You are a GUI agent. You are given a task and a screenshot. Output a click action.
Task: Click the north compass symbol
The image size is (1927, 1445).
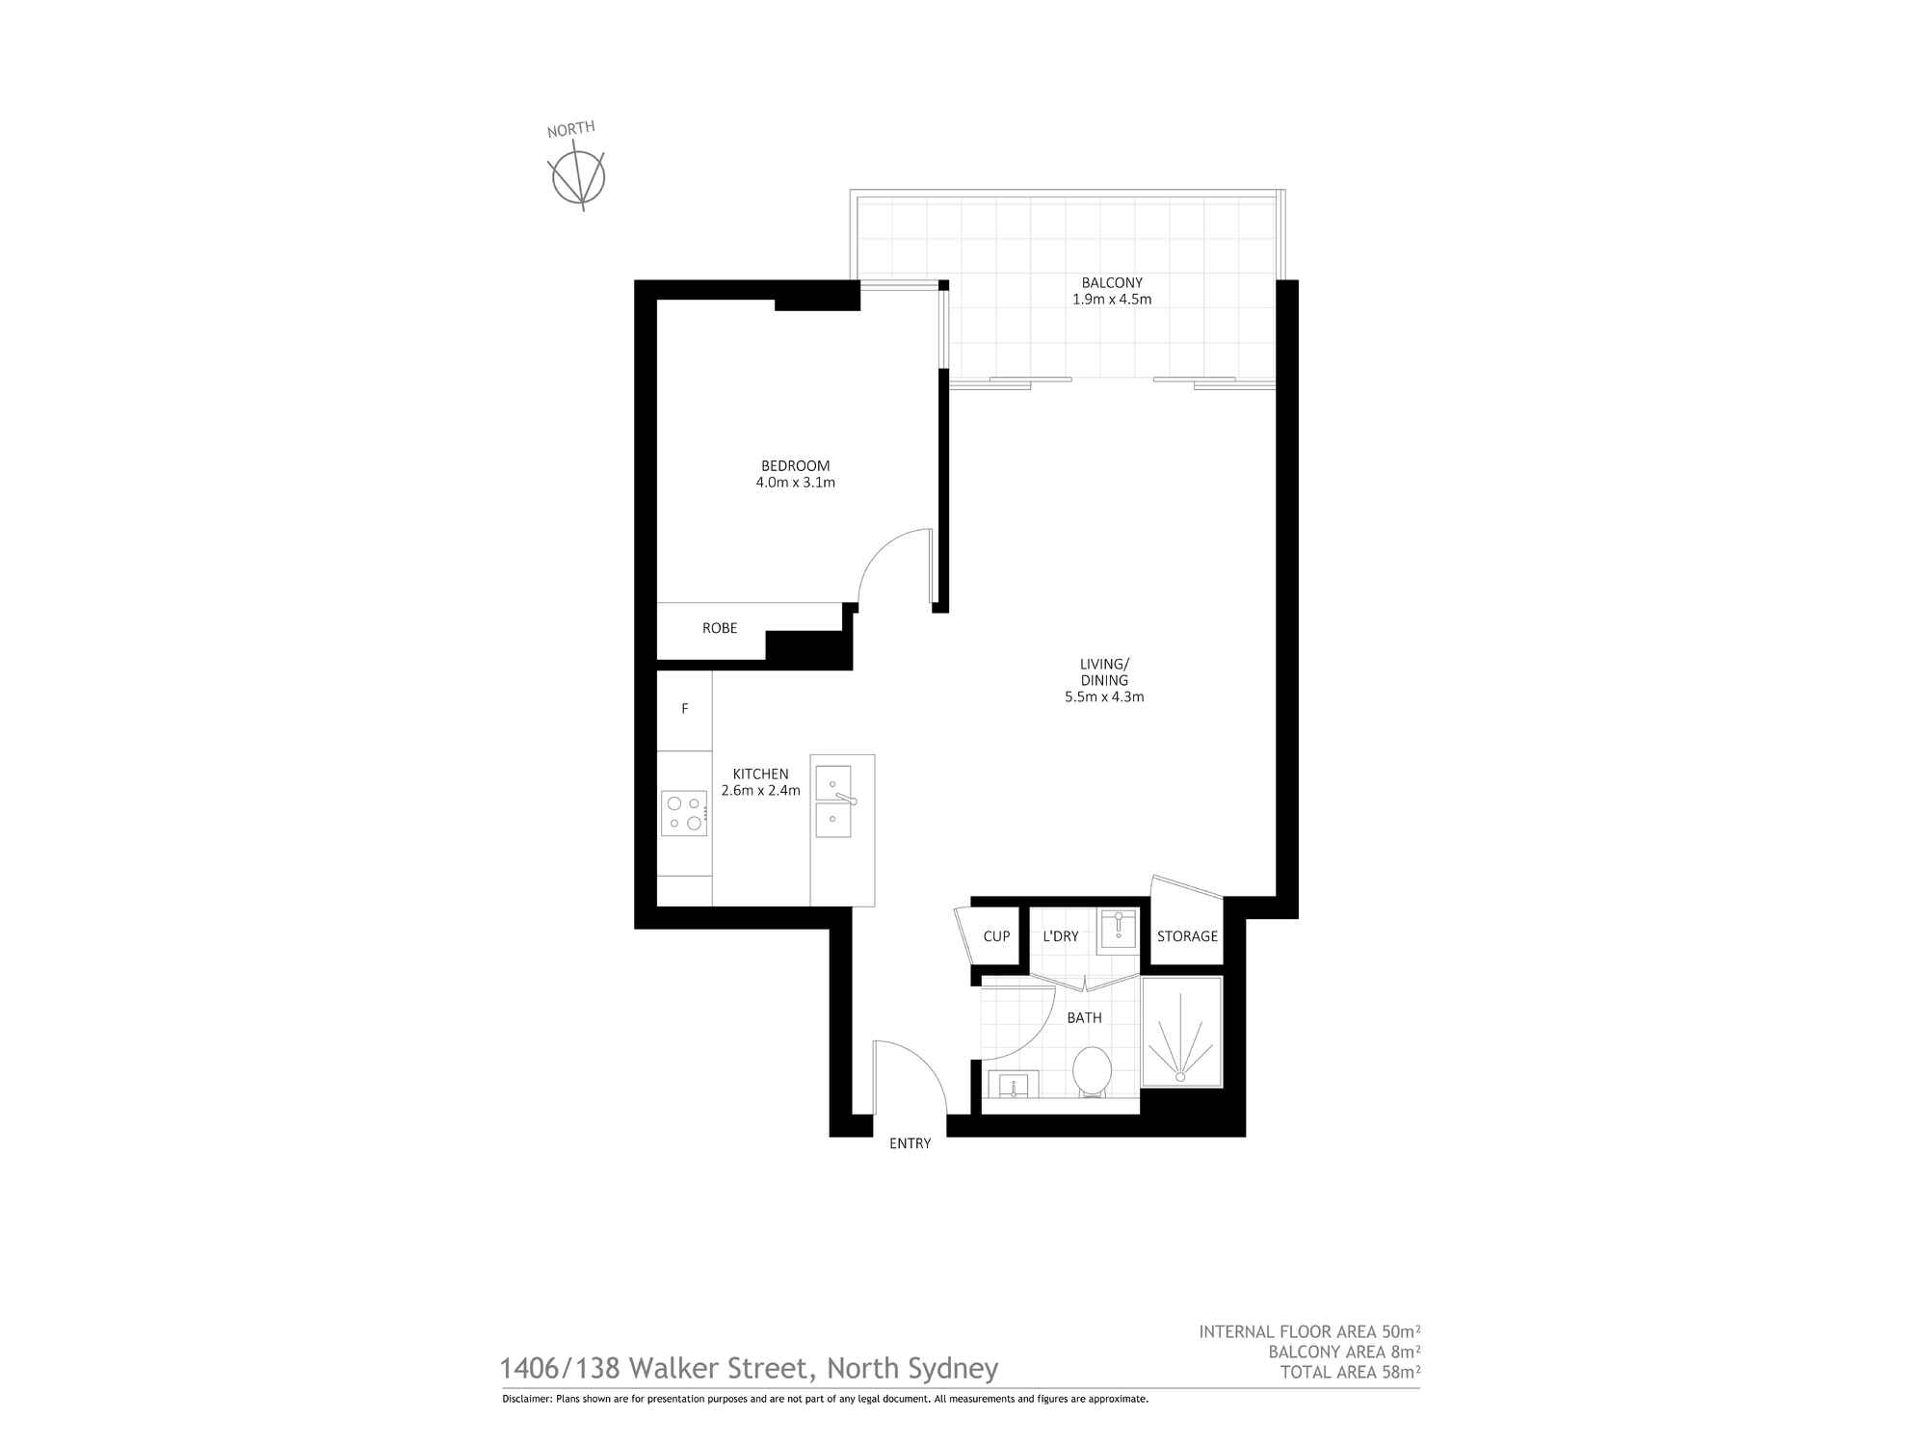coord(576,174)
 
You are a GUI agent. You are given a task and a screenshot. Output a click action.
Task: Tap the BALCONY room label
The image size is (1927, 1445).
coord(1112,282)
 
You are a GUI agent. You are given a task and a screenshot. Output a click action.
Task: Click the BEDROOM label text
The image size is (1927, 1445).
coord(795,465)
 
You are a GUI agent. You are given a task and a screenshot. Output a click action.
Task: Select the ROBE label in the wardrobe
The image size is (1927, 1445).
coord(720,628)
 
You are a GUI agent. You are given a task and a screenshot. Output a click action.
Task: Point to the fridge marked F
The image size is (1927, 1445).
coord(685,710)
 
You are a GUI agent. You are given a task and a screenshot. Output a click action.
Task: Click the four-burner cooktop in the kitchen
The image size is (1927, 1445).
coord(684,813)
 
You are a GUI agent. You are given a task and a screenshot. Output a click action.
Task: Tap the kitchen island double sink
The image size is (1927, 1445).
coord(833,801)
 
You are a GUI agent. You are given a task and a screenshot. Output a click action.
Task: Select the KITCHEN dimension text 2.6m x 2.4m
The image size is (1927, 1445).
coord(760,791)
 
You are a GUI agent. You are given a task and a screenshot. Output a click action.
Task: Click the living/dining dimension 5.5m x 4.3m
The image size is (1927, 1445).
coord(1104,696)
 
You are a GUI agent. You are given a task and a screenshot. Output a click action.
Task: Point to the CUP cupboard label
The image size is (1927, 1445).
coord(996,936)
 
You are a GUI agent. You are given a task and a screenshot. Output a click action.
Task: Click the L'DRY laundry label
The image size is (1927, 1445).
coord(1061,936)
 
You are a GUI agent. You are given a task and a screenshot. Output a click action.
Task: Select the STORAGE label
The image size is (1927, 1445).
coord(1187,936)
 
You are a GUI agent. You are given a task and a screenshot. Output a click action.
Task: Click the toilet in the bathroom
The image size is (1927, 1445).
coord(1092,1071)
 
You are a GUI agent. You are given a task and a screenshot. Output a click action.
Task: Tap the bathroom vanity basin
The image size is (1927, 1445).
coord(1013,1085)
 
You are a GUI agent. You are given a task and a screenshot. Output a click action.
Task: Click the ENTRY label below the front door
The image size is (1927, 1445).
coord(910,1143)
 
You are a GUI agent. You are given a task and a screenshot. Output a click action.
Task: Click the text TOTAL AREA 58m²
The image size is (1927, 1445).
coord(1350,1371)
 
